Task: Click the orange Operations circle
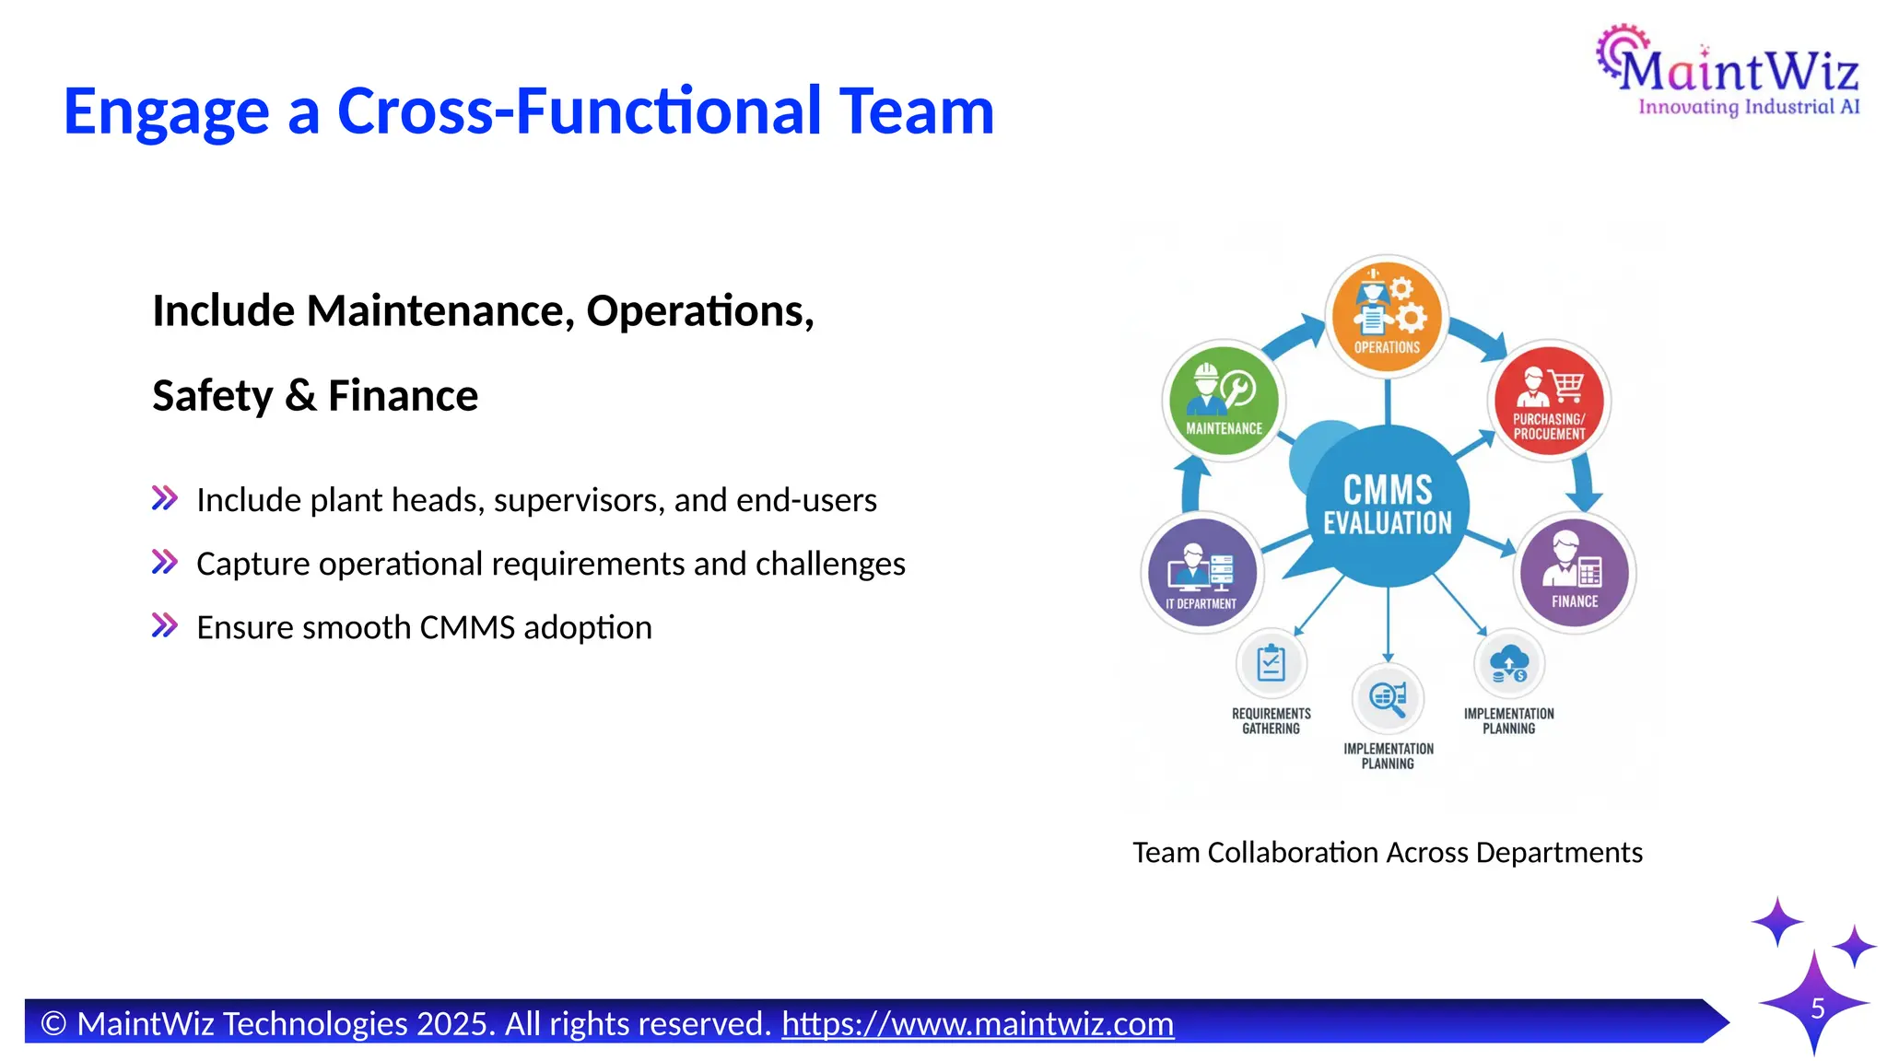[1387, 315]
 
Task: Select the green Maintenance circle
[1224, 401]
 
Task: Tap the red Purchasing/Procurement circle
[1549, 401]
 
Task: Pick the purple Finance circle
[1574, 573]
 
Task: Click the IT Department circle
[1201, 573]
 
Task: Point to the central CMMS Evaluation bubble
[1388, 506]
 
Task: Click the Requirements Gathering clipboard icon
[1271, 663]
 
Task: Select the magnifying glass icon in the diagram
[1388, 697]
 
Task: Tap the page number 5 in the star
[1817, 1008]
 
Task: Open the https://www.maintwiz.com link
[978, 1024]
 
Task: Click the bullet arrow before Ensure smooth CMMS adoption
[165, 626]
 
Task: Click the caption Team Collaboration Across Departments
[1387, 853]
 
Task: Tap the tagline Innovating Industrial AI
[1748, 107]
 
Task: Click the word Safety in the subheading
[213, 396]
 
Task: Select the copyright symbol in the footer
[54, 1024]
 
